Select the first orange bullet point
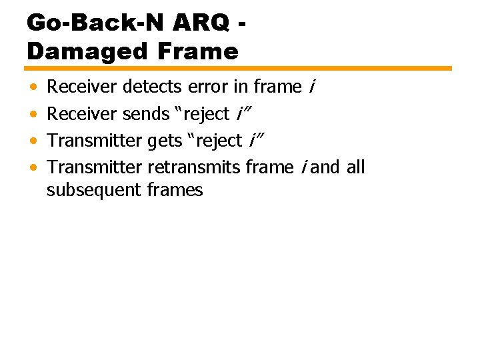(x=33, y=87)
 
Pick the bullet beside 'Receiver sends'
(x=33, y=115)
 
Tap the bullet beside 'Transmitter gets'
(x=33, y=141)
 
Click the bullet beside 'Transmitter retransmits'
(x=33, y=167)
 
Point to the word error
(x=209, y=87)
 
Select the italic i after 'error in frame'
(x=311, y=87)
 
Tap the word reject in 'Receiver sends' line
(x=207, y=115)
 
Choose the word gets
(x=166, y=141)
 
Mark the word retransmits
(x=195, y=167)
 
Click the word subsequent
(x=94, y=191)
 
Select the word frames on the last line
(x=175, y=191)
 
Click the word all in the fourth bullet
(x=355, y=167)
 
